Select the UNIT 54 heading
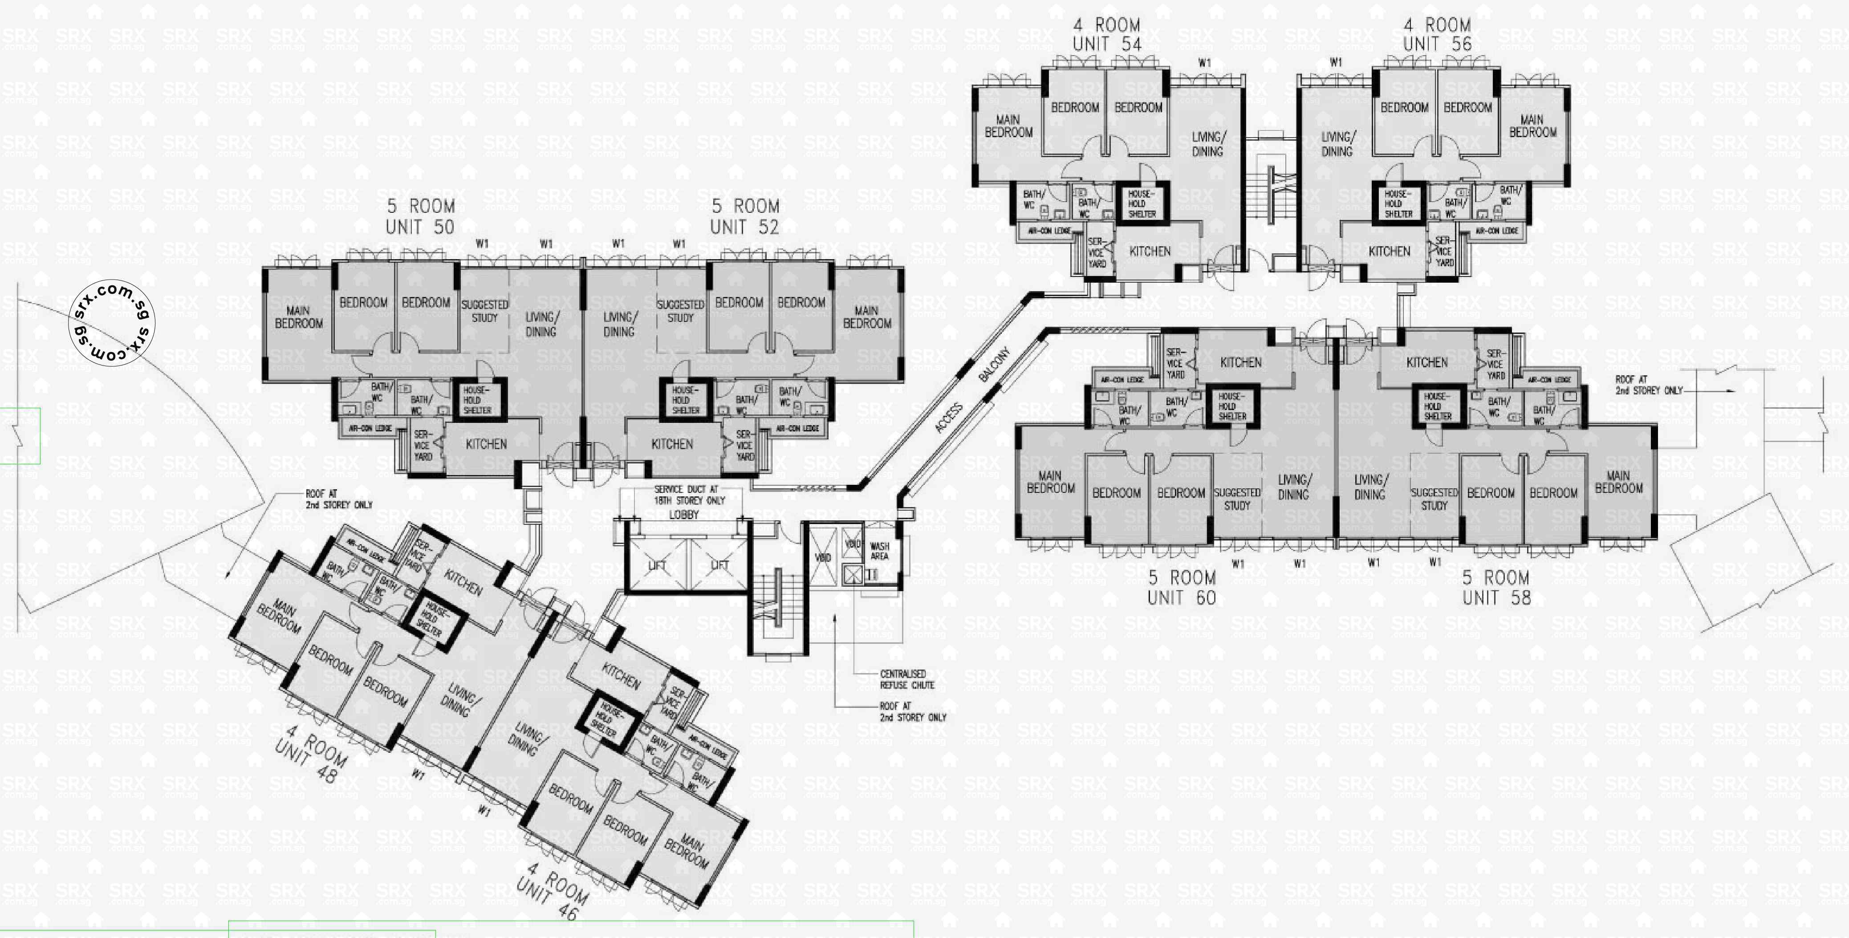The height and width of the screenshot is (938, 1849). (1107, 44)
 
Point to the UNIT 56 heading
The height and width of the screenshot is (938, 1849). (1437, 44)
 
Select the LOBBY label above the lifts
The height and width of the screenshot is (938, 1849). (683, 515)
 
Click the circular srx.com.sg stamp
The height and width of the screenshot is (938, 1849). (112, 323)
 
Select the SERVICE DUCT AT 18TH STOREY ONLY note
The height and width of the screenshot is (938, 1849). (689, 495)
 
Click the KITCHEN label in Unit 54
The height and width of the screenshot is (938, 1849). (1150, 251)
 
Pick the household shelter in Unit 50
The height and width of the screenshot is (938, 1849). (477, 400)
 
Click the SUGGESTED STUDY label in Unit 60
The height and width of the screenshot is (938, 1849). (1237, 499)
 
